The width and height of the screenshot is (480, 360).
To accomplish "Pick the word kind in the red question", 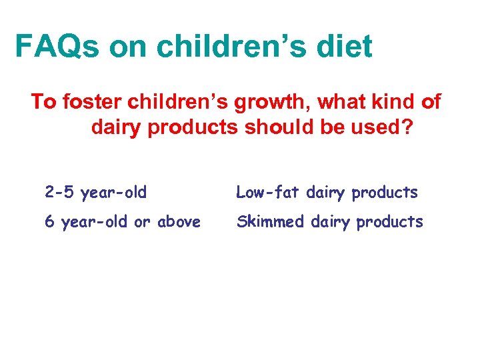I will [x=389, y=102].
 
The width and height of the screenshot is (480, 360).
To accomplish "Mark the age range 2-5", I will [x=60, y=193].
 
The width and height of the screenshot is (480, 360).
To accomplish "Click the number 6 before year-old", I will [x=49, y=222].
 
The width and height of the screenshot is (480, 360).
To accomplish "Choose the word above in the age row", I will [x=178, y=222].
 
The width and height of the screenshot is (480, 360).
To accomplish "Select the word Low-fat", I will [x=265, y=193].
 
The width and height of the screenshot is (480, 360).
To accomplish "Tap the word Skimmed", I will [x=269, y=222].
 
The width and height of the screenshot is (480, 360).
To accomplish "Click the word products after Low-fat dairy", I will [x=385, y=193].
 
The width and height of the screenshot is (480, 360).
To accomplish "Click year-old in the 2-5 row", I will [x=113, y=193].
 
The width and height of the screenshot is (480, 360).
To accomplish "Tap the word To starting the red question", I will [x=43, y=102].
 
